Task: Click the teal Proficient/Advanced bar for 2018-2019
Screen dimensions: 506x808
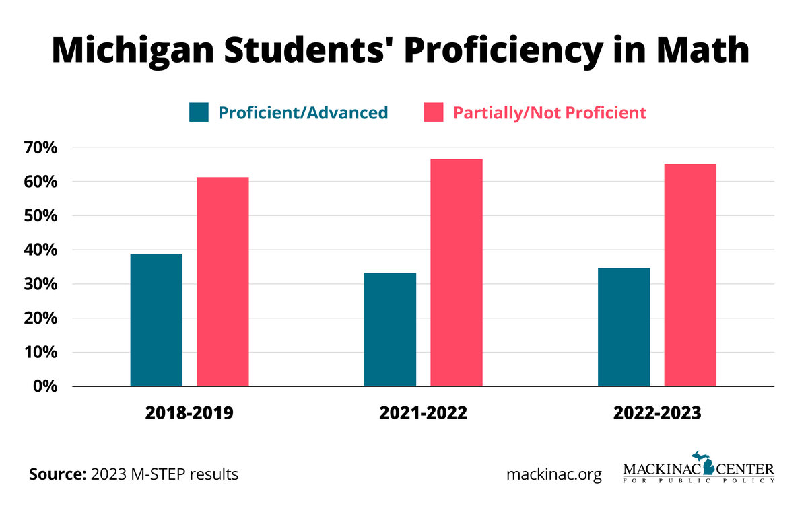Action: tap(156, 320)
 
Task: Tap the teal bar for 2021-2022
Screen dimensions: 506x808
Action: tap(390, 329)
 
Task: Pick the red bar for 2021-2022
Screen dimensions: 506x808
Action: tap(457, 273)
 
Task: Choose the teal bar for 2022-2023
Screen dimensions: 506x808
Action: tap(624, 327)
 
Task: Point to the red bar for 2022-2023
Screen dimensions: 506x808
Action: tap(690, 275)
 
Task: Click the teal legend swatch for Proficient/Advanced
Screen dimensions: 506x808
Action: tap(199, 112)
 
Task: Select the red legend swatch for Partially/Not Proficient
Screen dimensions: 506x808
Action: tap(433, 112)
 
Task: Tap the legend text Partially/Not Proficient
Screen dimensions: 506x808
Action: tap(549, 112)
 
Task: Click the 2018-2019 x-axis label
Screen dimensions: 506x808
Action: tap(189, 412)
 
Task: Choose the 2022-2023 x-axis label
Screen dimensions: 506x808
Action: tap(657, 412)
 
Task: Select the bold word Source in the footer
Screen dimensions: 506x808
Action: tap(57, 474)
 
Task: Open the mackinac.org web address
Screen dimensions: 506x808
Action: tap(554, 474)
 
